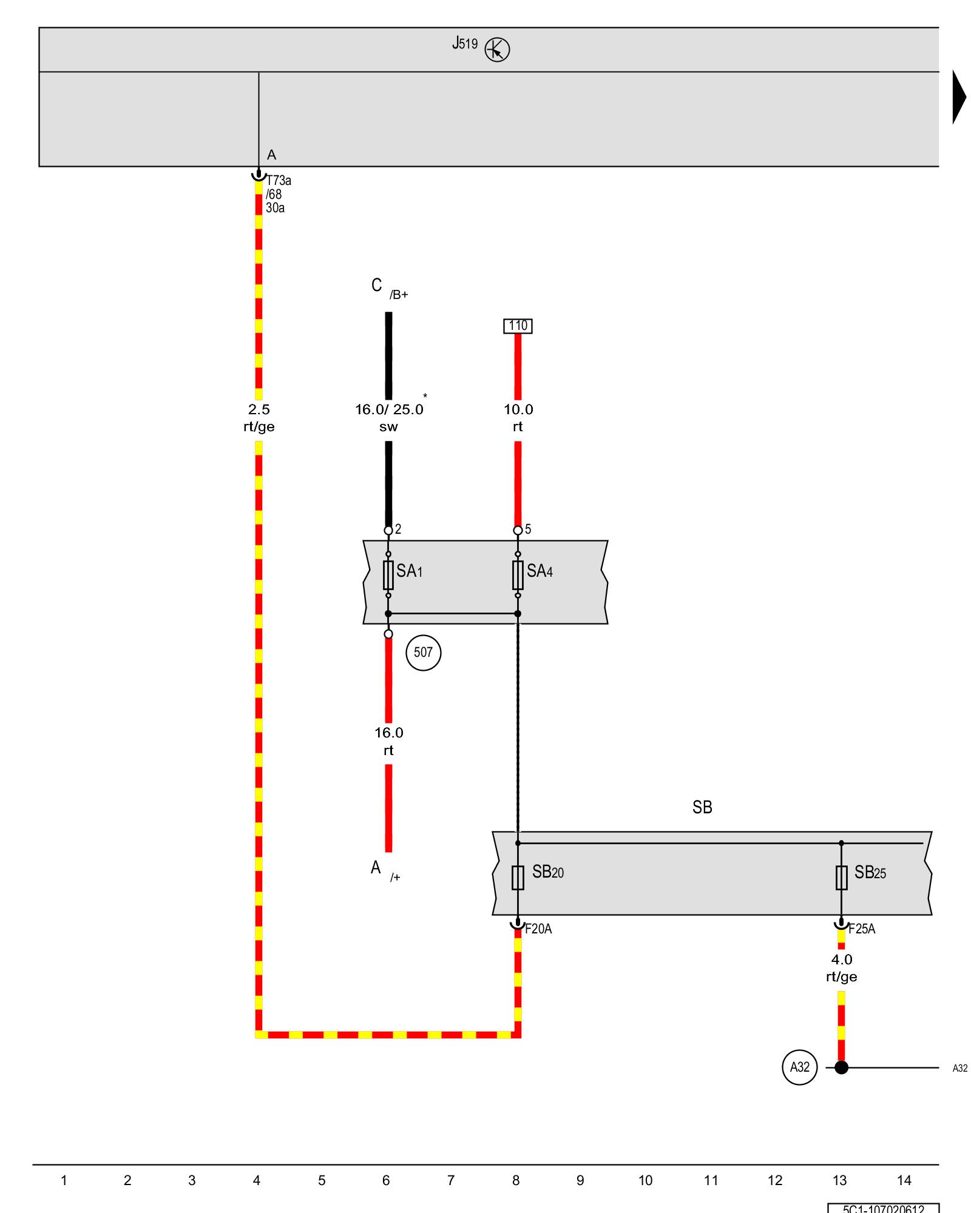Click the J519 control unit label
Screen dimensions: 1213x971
coord(465,44)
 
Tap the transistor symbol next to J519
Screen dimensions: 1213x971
coord(497,50)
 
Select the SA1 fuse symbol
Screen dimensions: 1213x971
coord(388,575)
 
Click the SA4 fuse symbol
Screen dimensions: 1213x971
coord(518,575)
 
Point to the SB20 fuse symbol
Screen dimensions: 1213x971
coord(518,877)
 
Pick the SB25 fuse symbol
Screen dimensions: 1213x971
coord(841,877)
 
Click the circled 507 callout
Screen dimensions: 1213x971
coord(423,653)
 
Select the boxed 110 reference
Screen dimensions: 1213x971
coord(518,326)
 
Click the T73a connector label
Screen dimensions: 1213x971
coord(279,181)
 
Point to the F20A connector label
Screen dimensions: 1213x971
coord(538,929)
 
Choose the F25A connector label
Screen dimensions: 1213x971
coord(862,929)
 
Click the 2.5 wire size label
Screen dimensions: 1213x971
coord(259,409)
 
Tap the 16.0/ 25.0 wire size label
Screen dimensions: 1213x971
coord(389,409)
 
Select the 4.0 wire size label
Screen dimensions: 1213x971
coord(841,959)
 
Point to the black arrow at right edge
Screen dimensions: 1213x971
coord(959,97)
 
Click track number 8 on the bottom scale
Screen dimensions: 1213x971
coord(516,1180)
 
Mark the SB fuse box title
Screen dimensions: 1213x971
coord(702,807)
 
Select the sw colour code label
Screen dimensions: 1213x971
coord(388,427)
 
